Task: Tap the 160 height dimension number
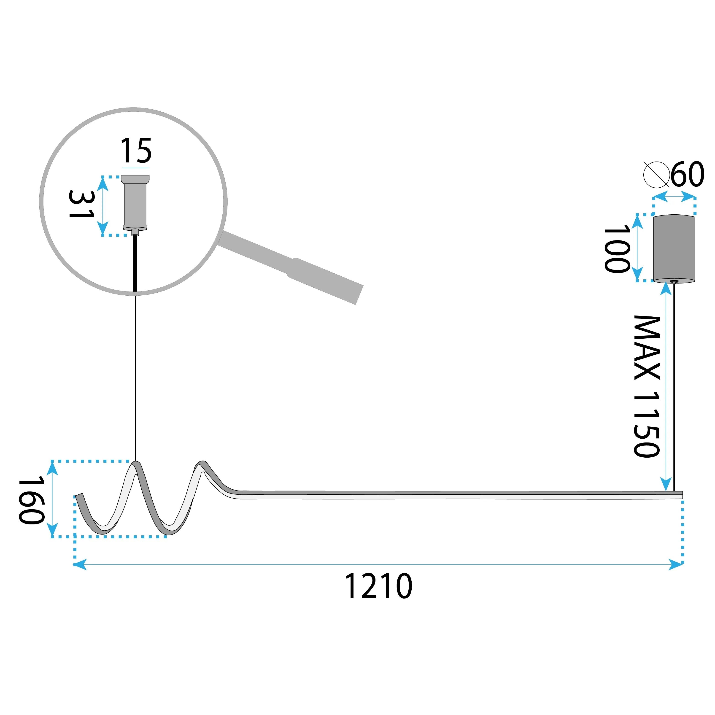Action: pos(32,501)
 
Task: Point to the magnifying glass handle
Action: pos(291,267)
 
